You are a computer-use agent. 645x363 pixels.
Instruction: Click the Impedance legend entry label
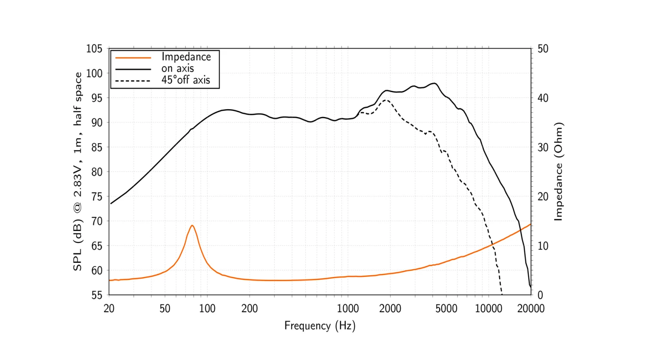(x=186, y=57)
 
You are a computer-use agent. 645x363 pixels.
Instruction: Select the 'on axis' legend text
(x=178, y=68)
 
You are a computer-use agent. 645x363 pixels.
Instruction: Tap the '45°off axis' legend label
(x=186, y=80)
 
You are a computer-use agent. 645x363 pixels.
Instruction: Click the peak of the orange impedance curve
(x=192, y=225)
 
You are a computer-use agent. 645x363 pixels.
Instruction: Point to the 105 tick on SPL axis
(x=94, y=49)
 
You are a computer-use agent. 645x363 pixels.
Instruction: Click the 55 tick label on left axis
(x=97, y=295)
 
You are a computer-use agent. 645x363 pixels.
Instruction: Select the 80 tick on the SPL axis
(x=97, y=172)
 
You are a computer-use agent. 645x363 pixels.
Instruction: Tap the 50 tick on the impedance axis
(x=543, y=49)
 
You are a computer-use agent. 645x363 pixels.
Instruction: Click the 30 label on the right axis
(x=543, y=147)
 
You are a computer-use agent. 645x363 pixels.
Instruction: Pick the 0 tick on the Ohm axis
(x=540, y=295)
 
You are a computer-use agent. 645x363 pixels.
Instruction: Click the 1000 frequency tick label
(x=347, y=309)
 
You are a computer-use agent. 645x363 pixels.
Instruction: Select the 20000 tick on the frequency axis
(x=531, y=309)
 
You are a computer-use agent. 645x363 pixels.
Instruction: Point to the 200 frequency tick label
(x=249, y=309)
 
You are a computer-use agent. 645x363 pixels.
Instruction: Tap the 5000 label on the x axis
(x=446, y=309)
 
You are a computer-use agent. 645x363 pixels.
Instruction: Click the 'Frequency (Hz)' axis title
(x=319, y=326)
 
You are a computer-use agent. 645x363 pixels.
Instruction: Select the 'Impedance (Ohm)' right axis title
(x=558, y=172)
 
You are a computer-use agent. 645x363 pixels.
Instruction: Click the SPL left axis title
(x=77, y=172)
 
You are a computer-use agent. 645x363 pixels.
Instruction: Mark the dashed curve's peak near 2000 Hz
(x=386, y=100)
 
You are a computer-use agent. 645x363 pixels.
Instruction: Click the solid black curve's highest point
(x=435, y=83)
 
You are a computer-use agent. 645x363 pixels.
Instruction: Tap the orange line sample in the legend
(x=133, y=57)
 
